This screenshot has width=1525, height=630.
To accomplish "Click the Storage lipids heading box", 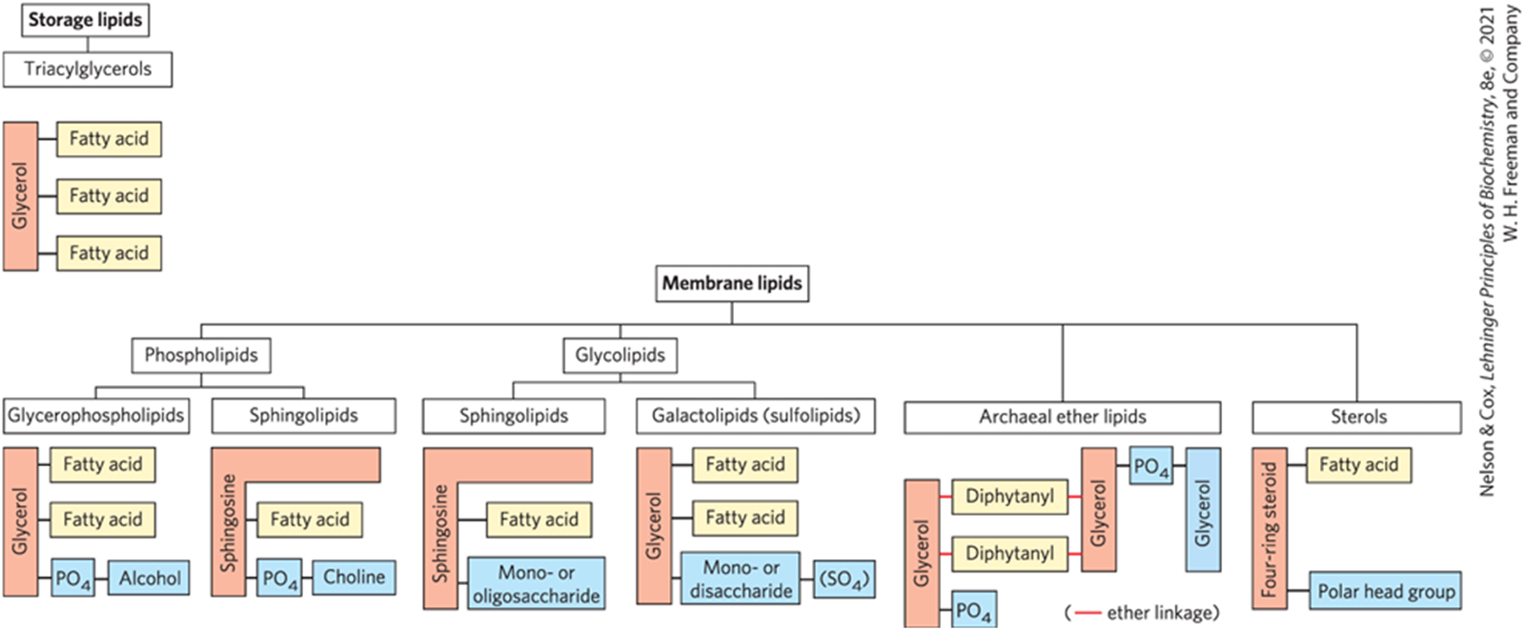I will (85, 20).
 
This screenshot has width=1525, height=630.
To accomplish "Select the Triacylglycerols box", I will (88, 70).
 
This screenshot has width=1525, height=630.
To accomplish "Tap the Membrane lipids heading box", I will (732, 283).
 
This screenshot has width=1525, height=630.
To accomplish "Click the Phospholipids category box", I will (201, 356).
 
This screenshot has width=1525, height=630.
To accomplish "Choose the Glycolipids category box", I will (620, 356).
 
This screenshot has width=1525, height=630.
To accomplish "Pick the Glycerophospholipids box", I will (95, 416).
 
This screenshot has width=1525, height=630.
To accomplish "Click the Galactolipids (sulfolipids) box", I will (755, 416).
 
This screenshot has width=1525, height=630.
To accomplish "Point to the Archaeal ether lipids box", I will (1062, 417).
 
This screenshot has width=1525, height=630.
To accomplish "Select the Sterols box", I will (1357, 417).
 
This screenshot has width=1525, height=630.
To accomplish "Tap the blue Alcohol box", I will (150, 579).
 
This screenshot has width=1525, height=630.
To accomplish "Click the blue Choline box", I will (354, 578).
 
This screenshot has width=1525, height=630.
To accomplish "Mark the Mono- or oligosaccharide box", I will (536, 584).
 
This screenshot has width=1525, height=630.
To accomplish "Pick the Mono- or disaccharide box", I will (741, 579).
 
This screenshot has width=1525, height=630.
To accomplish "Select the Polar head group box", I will (1385, 592).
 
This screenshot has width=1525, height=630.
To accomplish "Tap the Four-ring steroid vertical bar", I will (1269, 529).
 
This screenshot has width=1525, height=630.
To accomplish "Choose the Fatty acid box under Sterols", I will (1358, 465).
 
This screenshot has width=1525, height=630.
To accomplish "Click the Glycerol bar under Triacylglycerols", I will (21, 196).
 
